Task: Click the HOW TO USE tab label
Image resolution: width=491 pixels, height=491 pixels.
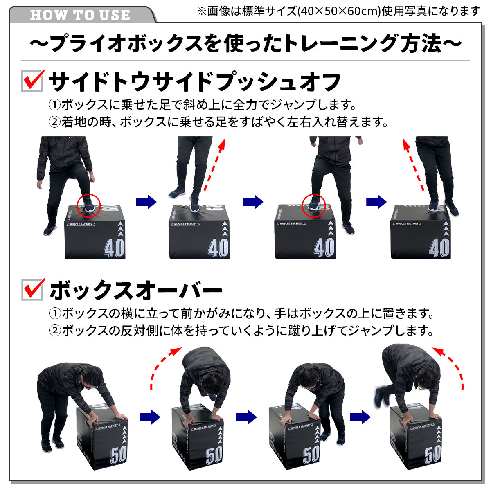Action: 80,15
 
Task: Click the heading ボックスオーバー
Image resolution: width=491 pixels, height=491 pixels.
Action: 135,291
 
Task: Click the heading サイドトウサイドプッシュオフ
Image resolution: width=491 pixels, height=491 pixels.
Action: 195,82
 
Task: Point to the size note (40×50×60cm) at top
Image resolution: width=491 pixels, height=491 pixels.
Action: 338,11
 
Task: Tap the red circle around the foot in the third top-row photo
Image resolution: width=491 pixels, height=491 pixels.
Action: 313,205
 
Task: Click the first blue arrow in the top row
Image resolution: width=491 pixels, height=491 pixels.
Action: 146,202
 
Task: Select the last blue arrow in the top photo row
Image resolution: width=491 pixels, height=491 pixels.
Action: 376,202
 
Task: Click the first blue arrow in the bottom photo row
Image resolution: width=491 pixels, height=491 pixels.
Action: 150,417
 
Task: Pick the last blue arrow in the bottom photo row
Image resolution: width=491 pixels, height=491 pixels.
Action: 360,417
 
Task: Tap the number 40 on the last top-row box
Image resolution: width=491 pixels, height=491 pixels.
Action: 439,248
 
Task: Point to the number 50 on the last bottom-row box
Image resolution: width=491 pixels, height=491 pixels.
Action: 433,454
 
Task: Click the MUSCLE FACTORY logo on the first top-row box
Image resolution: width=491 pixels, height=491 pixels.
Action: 81,224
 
